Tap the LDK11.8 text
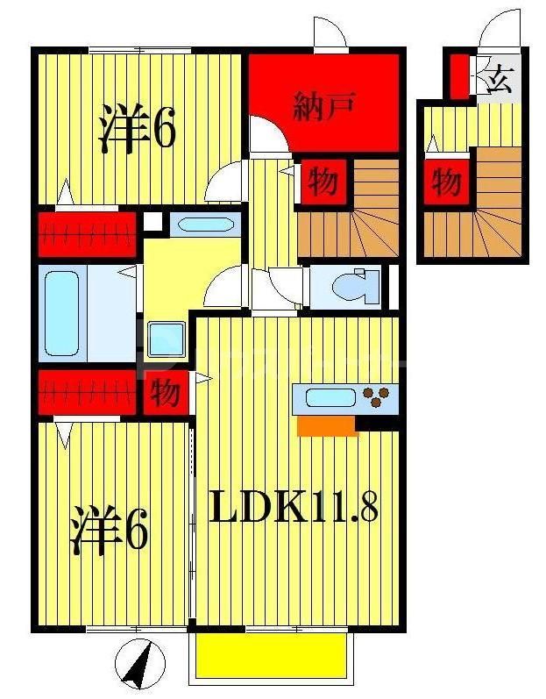[x=294, y=506]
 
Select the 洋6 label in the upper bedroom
[x=137, y=131]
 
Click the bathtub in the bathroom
[x=63, y=312]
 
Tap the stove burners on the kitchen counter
[x=379, y=397]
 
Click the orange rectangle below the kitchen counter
[x=327, y=426]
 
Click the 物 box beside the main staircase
[x=323, y=183]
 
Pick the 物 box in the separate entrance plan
[x=446, y=183]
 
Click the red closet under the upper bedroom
[x=87, y=234]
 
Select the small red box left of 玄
[x=457, y=77]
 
